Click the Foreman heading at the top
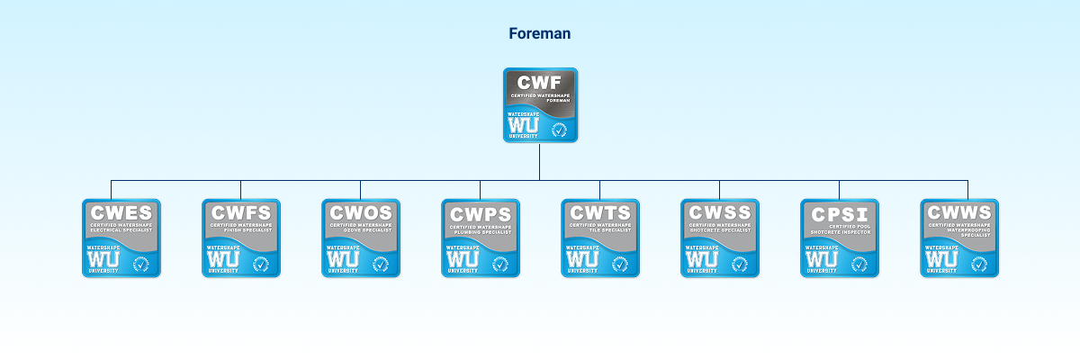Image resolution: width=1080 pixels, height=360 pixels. pyautogui.click(x=539, y=34)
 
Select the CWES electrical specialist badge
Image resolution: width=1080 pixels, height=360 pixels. pyautogui.click(x=121, y=238)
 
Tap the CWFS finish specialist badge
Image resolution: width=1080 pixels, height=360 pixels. pyautogui.click(x=240, y=238)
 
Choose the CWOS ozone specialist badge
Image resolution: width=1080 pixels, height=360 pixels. pyautogui.click(x=360, y=238)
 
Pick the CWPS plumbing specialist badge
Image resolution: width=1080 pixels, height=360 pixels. pyautogui.click(x=480, y=238)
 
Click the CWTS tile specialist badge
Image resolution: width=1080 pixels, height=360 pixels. pyautogui.click(x=599, y=238)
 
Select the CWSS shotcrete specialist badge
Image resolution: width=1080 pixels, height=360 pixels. pyautogui.click(x=719, y=238)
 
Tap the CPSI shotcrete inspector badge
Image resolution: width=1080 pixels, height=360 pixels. pyautogui.click(x=839, y=238)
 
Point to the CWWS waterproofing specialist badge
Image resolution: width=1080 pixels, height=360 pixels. pyautogui.click(x=958, y=238)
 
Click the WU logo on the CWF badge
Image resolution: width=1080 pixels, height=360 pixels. pyautogui.click(x=523, y=125)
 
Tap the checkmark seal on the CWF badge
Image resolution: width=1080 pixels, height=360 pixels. pyautogui.click(x=559, y=130)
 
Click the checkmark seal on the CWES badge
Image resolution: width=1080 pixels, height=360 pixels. pyautogui.click(x=140, y=264)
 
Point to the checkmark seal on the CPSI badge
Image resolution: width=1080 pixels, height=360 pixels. pyautogui.click(x=859, y=264)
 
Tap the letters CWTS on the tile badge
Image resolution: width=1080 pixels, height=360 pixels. pyautogui.click(x=599, y=214)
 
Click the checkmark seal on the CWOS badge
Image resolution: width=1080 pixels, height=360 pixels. pyautogui.click(x=380, y=264)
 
